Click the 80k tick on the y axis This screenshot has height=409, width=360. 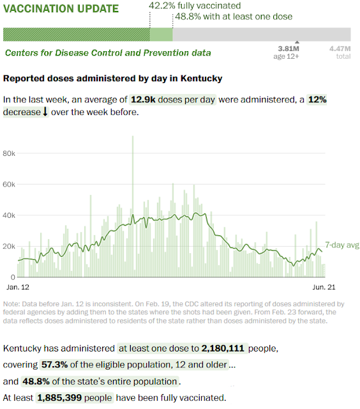9,153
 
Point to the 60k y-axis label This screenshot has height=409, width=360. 9,185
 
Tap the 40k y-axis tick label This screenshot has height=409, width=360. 9,215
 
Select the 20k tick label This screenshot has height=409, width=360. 9,246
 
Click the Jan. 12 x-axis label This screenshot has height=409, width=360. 18,287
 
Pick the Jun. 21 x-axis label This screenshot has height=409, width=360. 324,287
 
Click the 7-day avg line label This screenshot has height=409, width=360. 342,245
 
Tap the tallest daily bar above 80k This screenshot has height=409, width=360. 133,206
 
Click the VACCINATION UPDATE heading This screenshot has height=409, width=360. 61,9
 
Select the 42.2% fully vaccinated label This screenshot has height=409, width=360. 195,6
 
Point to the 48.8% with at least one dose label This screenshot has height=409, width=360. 234,17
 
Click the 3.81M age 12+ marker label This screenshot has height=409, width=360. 287,52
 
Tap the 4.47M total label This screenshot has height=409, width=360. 340,52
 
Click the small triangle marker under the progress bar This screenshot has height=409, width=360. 297,42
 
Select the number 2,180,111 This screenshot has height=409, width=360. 223,348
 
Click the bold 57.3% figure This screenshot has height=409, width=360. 54,364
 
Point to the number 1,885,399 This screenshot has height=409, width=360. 59,397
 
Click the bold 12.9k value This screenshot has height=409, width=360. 143,100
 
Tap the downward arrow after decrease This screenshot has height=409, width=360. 45,112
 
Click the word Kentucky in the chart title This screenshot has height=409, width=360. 201,78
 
